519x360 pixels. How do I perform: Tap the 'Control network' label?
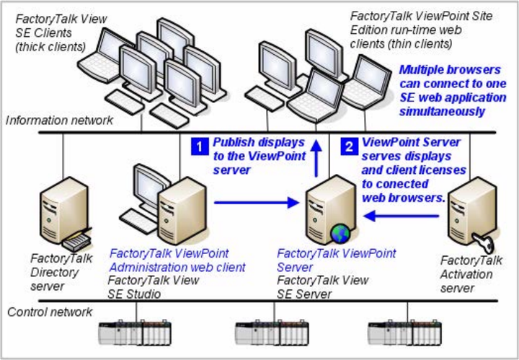pos(50,312)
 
